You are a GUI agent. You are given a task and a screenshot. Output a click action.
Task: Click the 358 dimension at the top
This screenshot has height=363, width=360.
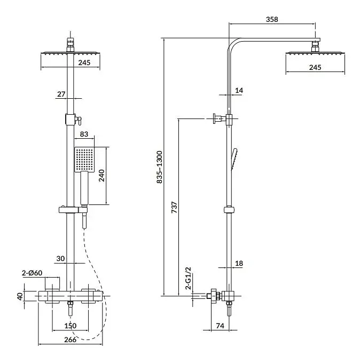point(272,19)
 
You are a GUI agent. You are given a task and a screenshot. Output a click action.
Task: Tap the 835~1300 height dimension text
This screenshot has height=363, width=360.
point(160,167)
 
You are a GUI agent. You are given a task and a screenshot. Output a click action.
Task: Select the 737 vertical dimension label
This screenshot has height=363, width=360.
point(174,208)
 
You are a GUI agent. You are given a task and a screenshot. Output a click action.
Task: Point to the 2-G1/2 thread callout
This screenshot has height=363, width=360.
point(189,278)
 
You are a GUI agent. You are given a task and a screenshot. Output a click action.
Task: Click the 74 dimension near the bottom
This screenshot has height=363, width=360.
point(220,326)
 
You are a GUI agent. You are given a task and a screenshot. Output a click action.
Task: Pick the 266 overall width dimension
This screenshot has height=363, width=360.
point(70,340)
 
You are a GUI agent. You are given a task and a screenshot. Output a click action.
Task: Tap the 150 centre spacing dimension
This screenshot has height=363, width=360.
point(70,326)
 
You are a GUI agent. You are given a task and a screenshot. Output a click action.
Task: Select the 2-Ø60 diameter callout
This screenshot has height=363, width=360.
point(32,273)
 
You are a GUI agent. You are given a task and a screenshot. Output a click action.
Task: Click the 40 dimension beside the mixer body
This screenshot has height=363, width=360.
point(20,296)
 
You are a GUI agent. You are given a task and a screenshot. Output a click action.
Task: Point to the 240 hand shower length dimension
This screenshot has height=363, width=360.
point(101,176)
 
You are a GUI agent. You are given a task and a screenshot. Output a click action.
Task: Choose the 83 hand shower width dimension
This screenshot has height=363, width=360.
point(84,134)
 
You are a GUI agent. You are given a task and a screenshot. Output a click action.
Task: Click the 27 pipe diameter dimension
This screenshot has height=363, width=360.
point(61,94)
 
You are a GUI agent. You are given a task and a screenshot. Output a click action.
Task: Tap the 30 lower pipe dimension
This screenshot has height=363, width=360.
point(60,258)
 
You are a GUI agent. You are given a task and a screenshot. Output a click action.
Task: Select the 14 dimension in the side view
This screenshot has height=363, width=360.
point(239,90)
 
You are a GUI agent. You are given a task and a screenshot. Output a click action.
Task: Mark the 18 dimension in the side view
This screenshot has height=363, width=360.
point(239,263)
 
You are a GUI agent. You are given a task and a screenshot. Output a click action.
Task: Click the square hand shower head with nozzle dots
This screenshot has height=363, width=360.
point(84,160)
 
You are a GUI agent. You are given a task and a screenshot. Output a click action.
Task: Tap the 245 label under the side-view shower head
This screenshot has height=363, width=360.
point(315,67)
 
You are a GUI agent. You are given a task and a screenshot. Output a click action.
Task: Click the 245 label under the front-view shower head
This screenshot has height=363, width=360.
point(84,62)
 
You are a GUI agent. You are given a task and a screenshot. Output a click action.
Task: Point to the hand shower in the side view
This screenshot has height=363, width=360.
point(234,159)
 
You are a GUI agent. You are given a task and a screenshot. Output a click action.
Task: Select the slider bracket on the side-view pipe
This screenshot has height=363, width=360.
point(229,210)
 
